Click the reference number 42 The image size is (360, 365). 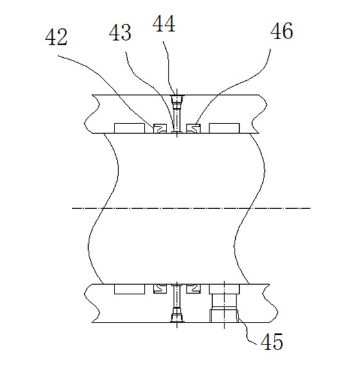pos(57,37)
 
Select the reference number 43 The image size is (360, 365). pos(120,33)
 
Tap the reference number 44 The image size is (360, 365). pos(164,24)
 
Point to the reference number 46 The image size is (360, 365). pos(282,31)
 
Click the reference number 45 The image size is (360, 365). pos(272,341)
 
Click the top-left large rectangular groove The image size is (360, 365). pos(129,129)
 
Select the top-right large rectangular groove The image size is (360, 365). pos(224,129)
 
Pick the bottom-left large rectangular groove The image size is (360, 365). pos(129,289)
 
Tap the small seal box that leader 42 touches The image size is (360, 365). pos(160,129)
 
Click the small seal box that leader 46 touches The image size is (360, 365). pos(194,129)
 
